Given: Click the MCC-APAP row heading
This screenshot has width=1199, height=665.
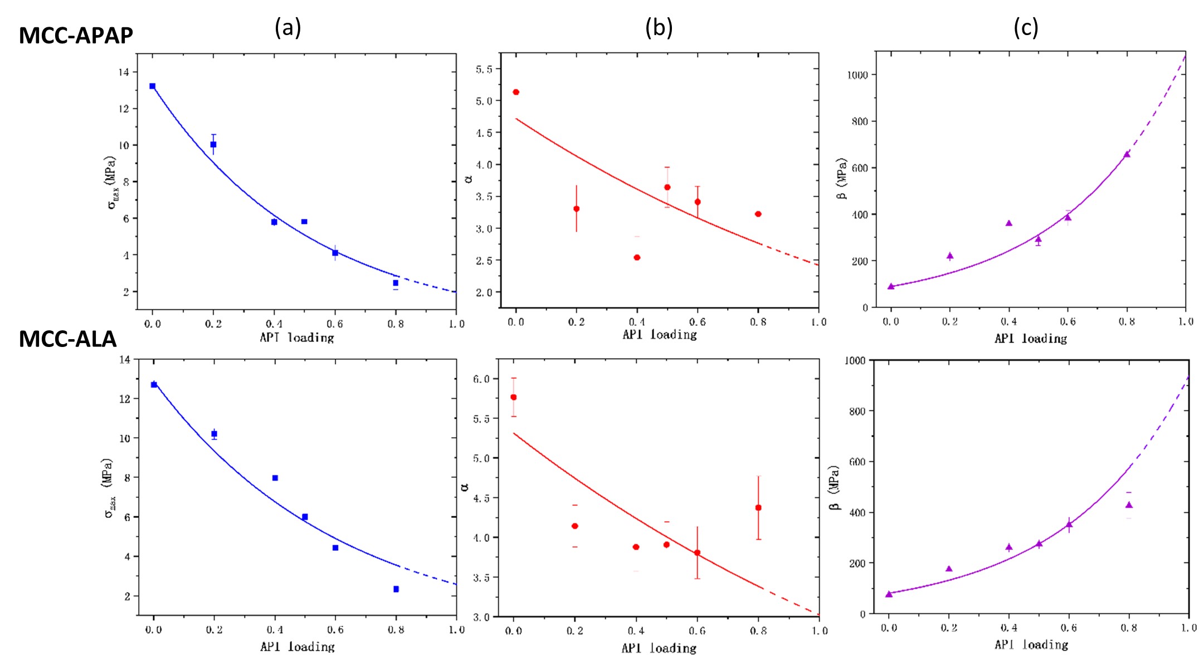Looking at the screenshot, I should point(76,36).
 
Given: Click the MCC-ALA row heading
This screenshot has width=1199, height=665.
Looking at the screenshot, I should point(67,339).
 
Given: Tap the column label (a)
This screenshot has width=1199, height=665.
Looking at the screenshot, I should point(287,27).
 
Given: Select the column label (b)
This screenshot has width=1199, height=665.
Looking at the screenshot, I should point(659,27).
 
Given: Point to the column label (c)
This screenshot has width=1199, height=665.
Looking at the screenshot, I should point(1025,27).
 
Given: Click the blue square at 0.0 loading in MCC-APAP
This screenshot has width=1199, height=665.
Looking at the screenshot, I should point(153,86).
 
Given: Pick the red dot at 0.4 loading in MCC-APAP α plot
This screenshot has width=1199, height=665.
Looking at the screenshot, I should point(637,257).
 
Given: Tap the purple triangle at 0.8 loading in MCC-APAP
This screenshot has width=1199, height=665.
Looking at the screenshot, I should point(1127,154).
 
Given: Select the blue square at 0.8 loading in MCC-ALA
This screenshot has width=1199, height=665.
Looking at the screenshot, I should point(396,589).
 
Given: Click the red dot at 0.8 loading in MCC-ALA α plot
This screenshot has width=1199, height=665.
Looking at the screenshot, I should point(758,508).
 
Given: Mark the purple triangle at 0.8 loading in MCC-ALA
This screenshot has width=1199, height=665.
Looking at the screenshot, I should point(1129,505).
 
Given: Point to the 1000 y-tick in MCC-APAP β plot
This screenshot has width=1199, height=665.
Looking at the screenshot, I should point(857,75).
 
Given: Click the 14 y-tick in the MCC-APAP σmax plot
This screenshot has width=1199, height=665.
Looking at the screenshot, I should point(123,72).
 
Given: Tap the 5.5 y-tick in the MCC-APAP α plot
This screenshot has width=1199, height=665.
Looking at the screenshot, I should point(484,70).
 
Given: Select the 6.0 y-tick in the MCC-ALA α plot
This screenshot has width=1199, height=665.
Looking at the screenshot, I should point(481,379).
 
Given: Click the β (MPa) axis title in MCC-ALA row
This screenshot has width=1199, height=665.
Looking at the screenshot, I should point(834,488).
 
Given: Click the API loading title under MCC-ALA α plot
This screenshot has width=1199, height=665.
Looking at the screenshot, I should point(659,648).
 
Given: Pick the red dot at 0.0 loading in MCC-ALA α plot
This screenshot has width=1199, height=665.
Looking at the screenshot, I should point(514,397).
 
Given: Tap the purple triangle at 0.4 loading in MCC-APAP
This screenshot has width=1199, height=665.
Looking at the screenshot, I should point(1008,223).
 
